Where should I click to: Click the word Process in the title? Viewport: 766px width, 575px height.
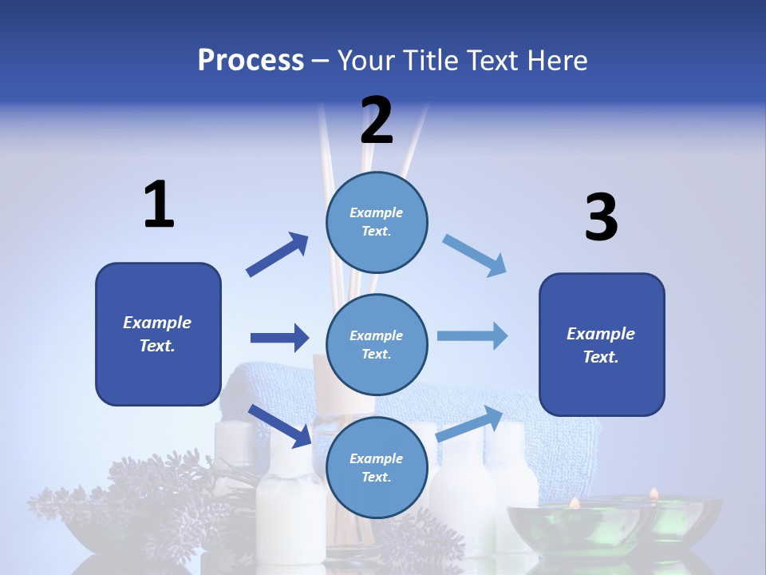click(251, 60)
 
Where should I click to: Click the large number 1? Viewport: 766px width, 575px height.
click(159, 204)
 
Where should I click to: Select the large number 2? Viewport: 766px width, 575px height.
click(377, 121)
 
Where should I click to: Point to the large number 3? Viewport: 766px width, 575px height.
click(601, 218)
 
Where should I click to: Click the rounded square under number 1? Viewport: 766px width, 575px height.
click(158, 334)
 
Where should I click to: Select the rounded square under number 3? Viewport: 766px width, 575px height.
click(602, 344)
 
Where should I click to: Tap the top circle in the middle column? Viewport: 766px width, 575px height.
click(377, 222)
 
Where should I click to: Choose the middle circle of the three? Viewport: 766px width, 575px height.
click(377, 344)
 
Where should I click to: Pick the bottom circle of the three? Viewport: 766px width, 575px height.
click(377, 467)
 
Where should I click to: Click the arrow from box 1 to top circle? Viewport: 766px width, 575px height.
click(278, 255)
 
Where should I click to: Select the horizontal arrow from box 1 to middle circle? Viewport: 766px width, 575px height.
click(279, 338)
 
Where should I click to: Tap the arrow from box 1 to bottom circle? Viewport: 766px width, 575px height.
click(280, 426)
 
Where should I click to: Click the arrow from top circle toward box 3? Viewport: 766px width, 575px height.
click(475, 256)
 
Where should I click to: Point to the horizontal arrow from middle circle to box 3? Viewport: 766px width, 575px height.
click(472, 335)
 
